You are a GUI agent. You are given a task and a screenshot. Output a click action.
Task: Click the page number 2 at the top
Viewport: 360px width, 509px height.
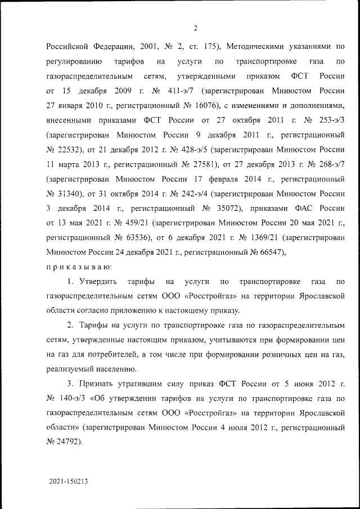point(195,28)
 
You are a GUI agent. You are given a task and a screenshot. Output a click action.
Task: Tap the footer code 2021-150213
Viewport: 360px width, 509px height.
point(69,482)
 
